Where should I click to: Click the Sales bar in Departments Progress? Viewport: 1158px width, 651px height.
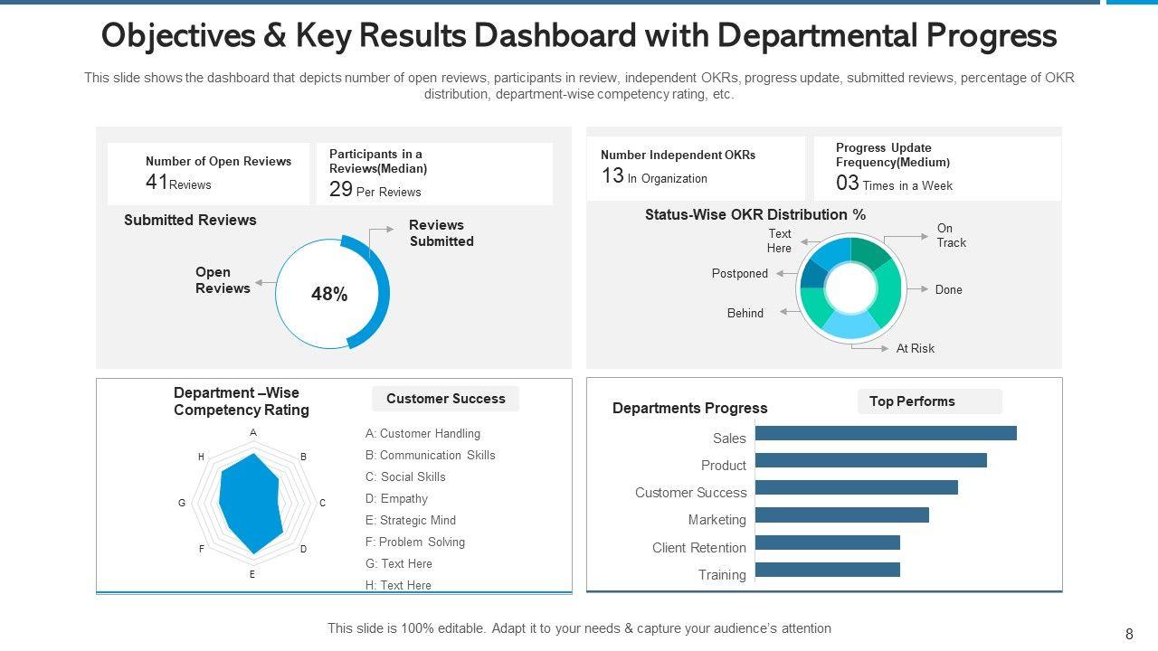tap(886, 433)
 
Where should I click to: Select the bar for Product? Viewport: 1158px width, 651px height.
tap(870, 460)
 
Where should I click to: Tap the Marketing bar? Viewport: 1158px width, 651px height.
tap(841, 515)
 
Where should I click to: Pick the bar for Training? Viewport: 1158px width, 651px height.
tap(827, 570)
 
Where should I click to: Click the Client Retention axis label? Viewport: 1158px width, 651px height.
tap(699, 548)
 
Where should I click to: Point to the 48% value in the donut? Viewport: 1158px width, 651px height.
tap(329, 295)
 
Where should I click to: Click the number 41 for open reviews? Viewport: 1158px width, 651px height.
tap(157, 182)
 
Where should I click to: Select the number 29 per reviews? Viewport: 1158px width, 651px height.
tap(340, 189)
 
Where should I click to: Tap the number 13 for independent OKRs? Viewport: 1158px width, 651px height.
tap(612, 176)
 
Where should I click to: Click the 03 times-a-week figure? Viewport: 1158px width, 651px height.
tap(847, 184)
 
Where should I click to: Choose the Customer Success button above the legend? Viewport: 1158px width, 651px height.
tap(445, 399)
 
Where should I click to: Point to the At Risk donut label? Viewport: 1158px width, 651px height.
tap(915, 348)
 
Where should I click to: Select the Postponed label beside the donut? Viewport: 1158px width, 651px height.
tap(739, 274)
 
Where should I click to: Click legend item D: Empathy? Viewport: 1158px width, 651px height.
tap(396, 499)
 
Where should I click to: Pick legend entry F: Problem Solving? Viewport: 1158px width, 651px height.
tap(414, 542)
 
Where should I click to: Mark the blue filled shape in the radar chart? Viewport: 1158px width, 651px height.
tap(251, 502)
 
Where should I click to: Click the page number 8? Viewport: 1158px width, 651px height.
tap(1129, 635)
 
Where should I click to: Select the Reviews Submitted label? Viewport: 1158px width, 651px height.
tap(441, 233)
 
